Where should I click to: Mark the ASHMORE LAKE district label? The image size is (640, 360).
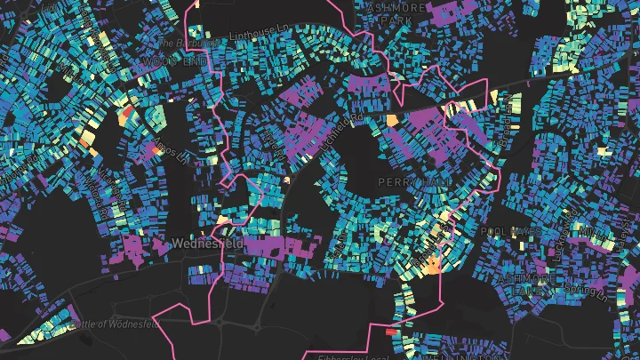point(528,284)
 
